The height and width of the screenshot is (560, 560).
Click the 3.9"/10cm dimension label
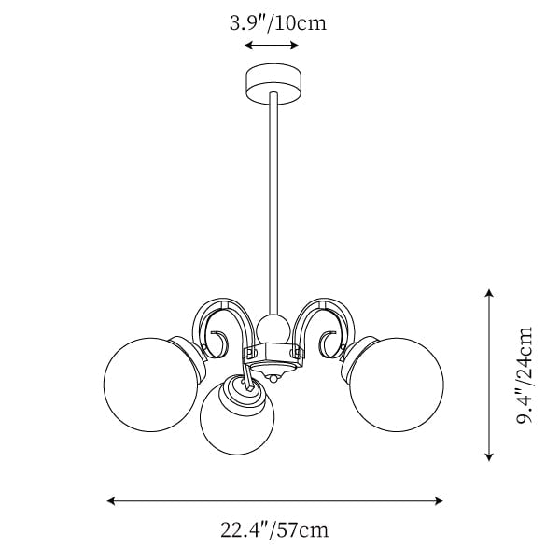click(278, 23)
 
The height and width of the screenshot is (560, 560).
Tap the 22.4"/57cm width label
click(273, 529)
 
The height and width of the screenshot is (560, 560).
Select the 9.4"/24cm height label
click(525, 374)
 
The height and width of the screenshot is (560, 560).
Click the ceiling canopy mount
click(273, 85)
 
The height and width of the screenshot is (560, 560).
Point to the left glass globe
click(150, 385)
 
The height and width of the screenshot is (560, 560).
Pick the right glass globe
click(397, 385)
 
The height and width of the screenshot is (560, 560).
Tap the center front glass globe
click(237, 414)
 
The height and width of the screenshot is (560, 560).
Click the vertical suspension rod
click(273, 203)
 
